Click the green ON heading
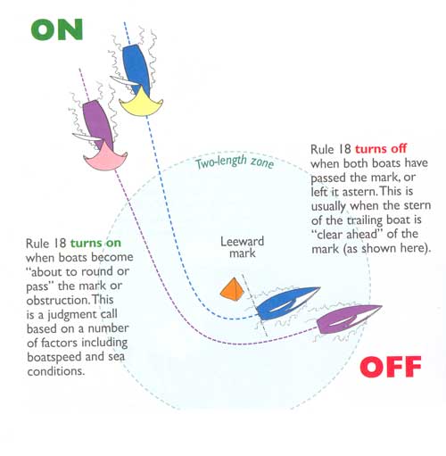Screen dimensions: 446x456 pyautogui.click(x=56, y=29)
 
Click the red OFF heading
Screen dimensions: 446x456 pyautogui.click(x=391, y=367)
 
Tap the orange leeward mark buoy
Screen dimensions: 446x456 pyautogui.click(x=232, y=289)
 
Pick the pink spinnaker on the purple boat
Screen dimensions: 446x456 pyautogui.click(x=105, y=158)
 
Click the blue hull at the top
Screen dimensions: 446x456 pyautogui.click(x=136, y=67)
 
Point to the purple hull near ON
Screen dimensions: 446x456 pyautogui.click(x=97, y=123)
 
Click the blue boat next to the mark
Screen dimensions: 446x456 pyautogui.click(x=287, y=303)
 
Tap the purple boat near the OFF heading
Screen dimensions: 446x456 pyautogui.click(x=349, y=319)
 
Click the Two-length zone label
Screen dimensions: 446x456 pyautogui.click(x=235, y=162)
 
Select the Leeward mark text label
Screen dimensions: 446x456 pyautogui.click(x=242, y=247)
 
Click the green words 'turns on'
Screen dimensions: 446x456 pyautogui.click(x=95, y=243)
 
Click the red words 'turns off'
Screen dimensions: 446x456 pyautogui.click(x=381, y=148)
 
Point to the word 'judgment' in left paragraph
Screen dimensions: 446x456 pyautogui.click(x=82, y=315)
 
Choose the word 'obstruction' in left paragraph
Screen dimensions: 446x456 pyautogui.click(x=58, y=300)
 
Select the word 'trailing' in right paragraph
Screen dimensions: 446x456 pyautogui.click(x=365, y=220)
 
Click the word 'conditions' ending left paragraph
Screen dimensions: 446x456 pyautogui.click(x=56, y=371)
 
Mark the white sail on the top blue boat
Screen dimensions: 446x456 pyautogui.click(x=124, y=80)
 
